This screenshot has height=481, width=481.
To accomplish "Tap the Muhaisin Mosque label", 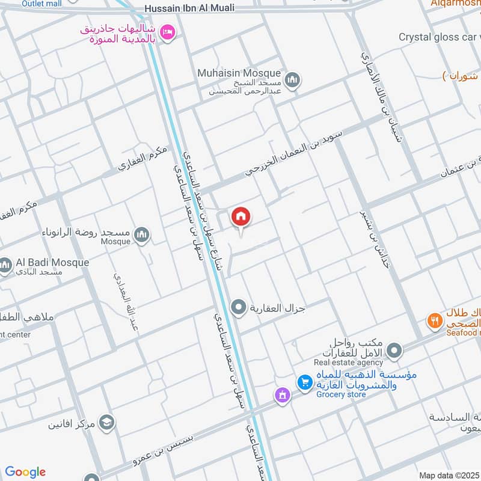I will point(239,73).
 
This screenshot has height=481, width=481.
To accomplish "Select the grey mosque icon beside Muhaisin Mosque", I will point(292,81).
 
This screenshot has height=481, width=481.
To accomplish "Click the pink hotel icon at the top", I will point(168,31).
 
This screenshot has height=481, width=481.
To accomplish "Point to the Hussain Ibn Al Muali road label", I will point(189,8).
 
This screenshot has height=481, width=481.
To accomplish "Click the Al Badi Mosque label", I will point(52,263).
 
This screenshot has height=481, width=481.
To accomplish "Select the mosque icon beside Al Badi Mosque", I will point(6,265).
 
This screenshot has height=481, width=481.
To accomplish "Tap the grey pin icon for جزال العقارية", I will point(239,308).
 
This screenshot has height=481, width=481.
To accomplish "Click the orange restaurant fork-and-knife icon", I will point(434,320).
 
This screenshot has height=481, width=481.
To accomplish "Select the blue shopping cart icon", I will point(305,381).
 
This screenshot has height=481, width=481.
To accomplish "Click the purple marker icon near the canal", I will point(281,396).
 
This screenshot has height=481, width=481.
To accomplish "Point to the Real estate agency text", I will point(348,363).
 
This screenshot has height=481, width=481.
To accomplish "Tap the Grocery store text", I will point(341,394).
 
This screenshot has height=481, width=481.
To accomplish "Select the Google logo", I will point(25,472).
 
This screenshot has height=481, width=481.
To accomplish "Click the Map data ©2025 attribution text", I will point(449,476).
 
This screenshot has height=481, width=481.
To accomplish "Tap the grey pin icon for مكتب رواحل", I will point(394,349).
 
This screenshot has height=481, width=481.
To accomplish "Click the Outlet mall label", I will point(41,4).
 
